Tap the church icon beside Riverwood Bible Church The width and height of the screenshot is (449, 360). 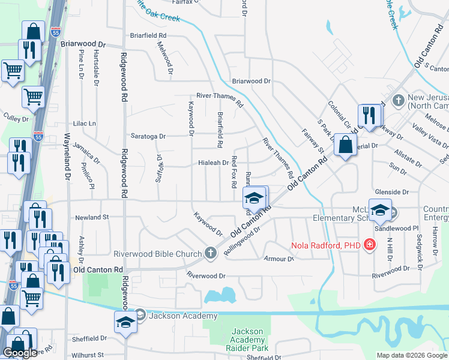pyautogui.click(x=210, y=253)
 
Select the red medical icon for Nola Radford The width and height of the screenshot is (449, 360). pyautogui.click(x=369, y=245)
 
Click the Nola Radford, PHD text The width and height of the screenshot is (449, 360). pyautogui.click(x=327, y=245)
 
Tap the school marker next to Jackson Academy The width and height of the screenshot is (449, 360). pyautogui.click(x=125, y=322)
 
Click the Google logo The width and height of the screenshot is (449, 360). pyautogui.click(x=20, y=353)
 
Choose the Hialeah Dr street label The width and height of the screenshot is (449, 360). pyautogui.click(x=214, y=163)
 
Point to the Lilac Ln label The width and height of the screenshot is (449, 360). pyautogui.click(x=84, y=123)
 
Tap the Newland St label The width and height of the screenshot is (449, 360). pyautogui.click(x=91, y=217)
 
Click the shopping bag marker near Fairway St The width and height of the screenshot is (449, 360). pyautogui.click(x=345, y=145)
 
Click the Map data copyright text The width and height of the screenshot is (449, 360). pyautogui.click(x=411, y=355)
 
